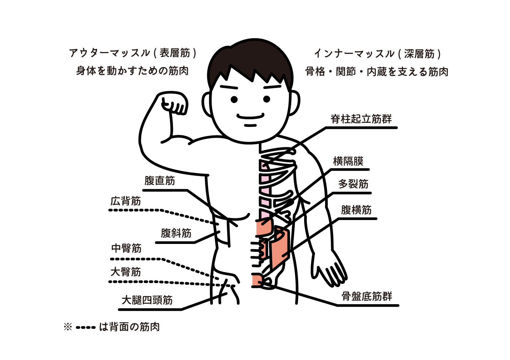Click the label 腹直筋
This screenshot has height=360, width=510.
click(160, 181)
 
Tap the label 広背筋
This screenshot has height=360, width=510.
click(126, 201)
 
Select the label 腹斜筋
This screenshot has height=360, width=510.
click(176, 233)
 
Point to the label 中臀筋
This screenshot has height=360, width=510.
click(126, 248)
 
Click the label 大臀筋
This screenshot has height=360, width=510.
click(126, 272)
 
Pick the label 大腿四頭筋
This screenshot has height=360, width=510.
click(147, 300)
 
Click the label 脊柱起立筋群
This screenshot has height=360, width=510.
click(361, 119)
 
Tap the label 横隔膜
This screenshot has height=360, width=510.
click(348, 161)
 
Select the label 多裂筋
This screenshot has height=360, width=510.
click(353, 184)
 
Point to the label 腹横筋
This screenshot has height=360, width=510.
click(356, 210)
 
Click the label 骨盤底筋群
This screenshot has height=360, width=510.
click(367, 297)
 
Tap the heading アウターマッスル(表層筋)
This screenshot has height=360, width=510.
click(133, 53)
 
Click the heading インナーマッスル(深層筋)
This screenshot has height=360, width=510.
click(377, 54)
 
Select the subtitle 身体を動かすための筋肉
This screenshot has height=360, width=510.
click(132, 71)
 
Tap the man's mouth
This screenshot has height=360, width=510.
click(250, 117)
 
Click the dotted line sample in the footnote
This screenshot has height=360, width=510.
click(86, 328)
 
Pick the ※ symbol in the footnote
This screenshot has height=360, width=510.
click(68, 327)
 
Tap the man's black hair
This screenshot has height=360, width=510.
click(250, 60)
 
